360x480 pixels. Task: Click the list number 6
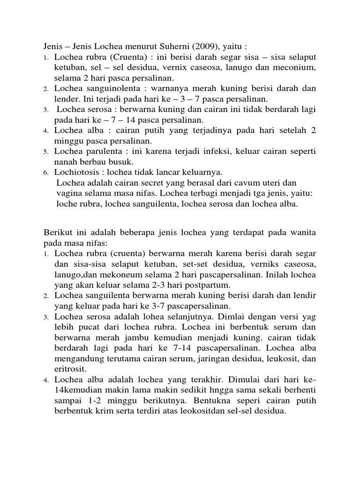46,172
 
